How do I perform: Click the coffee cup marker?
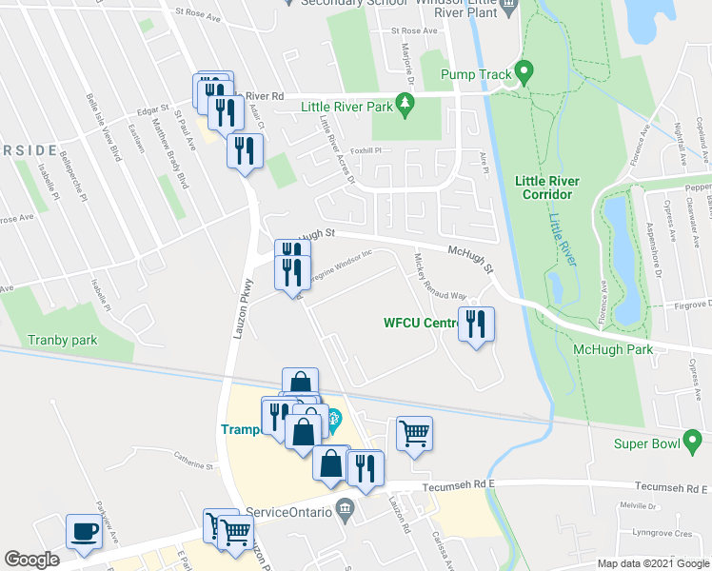coord(84,531)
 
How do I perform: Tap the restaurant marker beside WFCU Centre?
coord(474,325)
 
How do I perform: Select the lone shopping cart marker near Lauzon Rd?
coord(414,434)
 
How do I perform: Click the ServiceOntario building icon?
coord(344,511)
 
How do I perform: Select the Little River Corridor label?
coord(544,187)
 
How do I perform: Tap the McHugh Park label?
coord(613,350)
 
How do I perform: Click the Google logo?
coord(31,560)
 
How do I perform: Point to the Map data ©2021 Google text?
coord(653,563)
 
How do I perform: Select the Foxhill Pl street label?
coord(366,151)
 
